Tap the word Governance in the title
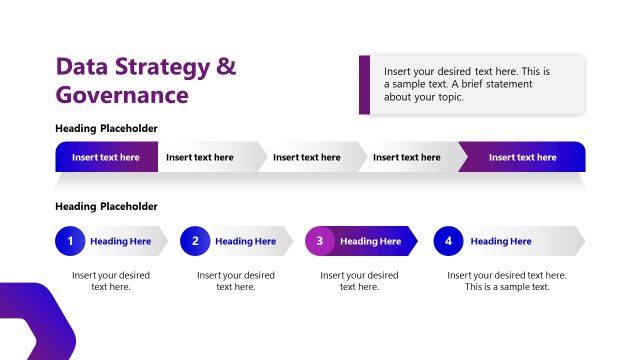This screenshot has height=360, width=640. [122, 95]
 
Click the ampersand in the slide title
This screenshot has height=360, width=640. [227, 68]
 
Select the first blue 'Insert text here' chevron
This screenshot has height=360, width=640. [105, 157]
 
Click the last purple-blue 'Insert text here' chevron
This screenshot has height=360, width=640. [522, 157]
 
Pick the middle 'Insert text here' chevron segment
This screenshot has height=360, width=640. [306, 157]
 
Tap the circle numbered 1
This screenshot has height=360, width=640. [71, 241]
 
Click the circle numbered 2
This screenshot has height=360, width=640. [196, 241]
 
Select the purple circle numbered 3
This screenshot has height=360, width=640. [320, 241]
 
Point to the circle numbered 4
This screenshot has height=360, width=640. [449, 241]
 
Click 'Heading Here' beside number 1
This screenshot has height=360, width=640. [121, 241]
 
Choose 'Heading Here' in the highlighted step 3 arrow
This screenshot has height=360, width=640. [371, 241]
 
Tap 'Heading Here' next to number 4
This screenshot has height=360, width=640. [501, 241]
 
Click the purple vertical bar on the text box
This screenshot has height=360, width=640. [365, 84]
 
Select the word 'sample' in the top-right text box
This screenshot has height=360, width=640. [410, 85]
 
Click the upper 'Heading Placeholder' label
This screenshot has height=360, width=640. [106, 128]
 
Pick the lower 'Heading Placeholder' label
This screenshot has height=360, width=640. [106, 206]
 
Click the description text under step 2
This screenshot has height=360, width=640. [236, 281]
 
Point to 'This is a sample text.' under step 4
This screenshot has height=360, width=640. [507, 287]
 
